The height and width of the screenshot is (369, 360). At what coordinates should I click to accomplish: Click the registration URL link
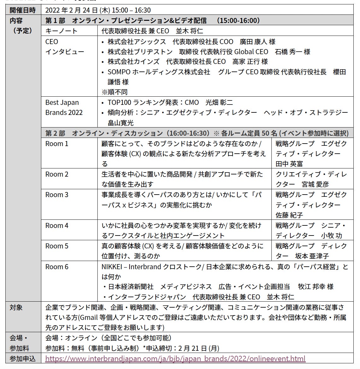point(175,359)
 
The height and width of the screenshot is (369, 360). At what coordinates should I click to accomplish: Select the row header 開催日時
point(23,10)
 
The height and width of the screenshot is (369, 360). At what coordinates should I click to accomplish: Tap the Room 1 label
point(57,144)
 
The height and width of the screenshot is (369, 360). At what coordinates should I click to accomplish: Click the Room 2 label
point(57,174)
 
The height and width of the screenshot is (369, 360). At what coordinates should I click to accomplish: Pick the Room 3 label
point(57,195)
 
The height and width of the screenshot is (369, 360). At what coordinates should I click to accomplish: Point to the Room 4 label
point(57,226)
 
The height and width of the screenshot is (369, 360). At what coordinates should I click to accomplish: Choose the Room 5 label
point(57,246)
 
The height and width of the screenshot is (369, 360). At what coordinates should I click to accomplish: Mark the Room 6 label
point(57,267)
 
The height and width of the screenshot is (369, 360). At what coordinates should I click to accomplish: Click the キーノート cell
point(61,31)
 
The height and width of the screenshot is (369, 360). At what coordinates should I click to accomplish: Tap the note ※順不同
point(114,92)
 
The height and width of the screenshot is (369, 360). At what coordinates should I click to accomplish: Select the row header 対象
point(16,307)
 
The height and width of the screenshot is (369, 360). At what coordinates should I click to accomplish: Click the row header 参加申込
point(23,359)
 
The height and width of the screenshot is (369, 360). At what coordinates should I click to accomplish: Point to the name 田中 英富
point(289,164)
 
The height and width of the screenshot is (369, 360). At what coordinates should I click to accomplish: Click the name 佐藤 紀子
point(289,215)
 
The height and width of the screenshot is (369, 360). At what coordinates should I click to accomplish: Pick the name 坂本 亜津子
point(312,256)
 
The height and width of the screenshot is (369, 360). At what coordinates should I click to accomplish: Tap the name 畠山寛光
point(121,123)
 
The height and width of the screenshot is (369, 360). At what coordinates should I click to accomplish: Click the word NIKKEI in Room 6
point(112,267)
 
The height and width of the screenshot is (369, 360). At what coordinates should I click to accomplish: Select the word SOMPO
point(119,72)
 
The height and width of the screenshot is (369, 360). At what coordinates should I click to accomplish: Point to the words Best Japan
point(62,103)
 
